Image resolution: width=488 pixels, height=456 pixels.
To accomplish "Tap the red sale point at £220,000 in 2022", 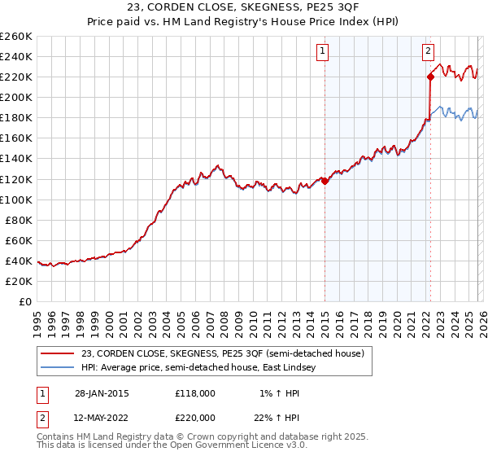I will (429, 77).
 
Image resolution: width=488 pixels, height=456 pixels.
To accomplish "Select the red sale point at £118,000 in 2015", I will (325, 181).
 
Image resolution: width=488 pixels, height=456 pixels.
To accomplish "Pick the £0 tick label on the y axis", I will (24, 301).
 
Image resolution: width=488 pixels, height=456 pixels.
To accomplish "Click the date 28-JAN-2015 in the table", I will (100, 393).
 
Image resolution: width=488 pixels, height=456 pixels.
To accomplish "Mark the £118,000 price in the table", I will (194, 393).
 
